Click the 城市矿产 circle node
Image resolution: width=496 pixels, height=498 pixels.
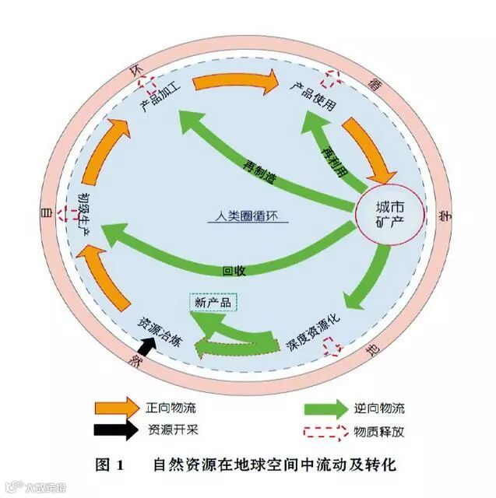point(390,218)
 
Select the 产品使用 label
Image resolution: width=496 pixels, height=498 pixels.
point(312,96)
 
